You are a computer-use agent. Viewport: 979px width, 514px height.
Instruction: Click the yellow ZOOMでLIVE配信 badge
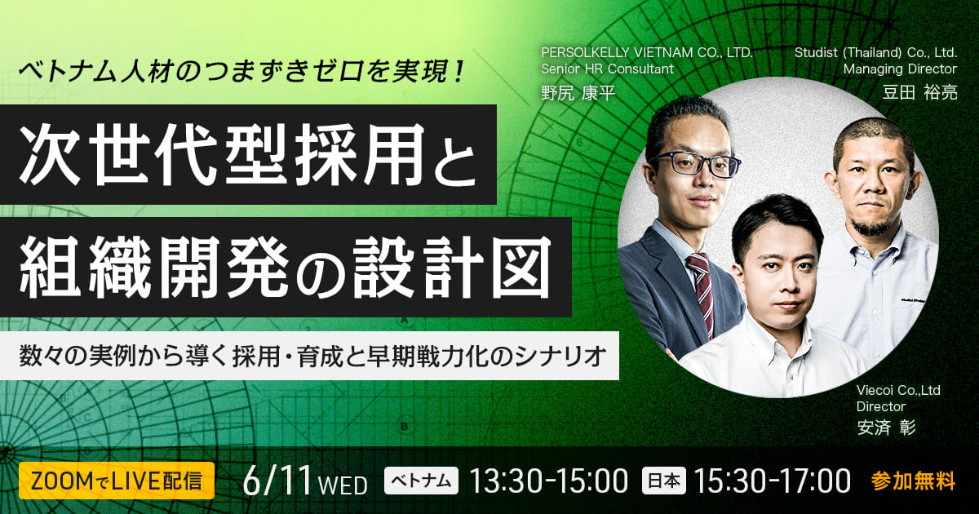coord(116,481)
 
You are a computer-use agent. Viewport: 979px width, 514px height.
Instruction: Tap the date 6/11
coord(277,481)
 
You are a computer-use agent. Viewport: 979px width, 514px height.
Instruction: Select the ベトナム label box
coord(421,481)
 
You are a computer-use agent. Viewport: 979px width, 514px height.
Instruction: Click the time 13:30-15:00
coord(549,481)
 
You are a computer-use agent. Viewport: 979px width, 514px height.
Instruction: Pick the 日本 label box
coord(663,481)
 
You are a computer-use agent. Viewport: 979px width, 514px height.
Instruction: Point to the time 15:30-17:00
coord(773,481)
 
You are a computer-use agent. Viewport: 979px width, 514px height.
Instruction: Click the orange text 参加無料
coord(913,481)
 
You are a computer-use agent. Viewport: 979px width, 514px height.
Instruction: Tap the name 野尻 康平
coord(578,93)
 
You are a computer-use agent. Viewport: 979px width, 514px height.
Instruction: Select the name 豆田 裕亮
coord(919,93)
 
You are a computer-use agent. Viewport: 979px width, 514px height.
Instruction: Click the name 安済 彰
coord(886,428)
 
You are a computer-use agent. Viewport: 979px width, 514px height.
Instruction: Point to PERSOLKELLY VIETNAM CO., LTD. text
coord(647,53)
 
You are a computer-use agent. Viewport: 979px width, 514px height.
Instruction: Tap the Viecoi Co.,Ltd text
coord(898,390)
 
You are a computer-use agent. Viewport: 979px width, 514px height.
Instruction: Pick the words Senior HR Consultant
coord(608,69)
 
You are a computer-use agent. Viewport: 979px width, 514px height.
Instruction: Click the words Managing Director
coord(901,69)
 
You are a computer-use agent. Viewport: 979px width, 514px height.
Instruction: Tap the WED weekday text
coord(343,485)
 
